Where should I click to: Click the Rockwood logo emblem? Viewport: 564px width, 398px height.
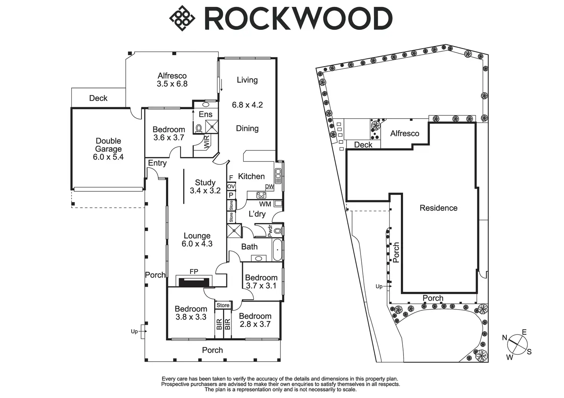point(182,18)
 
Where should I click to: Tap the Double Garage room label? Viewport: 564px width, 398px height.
point(108,149)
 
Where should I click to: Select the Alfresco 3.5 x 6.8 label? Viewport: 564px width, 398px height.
point(172,80)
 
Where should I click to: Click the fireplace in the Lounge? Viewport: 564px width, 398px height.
point(194,282)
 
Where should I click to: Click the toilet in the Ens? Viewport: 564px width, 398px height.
point(199,128)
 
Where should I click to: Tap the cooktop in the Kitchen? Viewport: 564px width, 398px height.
point(261,195)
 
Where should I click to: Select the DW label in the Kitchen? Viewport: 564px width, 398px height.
point(269,187)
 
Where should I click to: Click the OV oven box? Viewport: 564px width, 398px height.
point(231,186)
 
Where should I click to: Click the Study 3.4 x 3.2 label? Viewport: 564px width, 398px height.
point(205,187)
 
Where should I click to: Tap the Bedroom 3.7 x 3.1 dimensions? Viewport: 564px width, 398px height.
point(261,286)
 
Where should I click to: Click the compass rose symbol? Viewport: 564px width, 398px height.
point(517,344)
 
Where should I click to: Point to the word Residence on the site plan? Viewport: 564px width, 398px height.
point(438,208)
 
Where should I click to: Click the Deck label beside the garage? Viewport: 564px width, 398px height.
point(98,98)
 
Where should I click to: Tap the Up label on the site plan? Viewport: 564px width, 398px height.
point(379,286)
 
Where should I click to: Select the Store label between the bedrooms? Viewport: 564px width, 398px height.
point(223,305)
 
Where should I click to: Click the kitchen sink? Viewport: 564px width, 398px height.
point(279,176)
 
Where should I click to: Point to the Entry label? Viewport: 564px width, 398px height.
point(157,163)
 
